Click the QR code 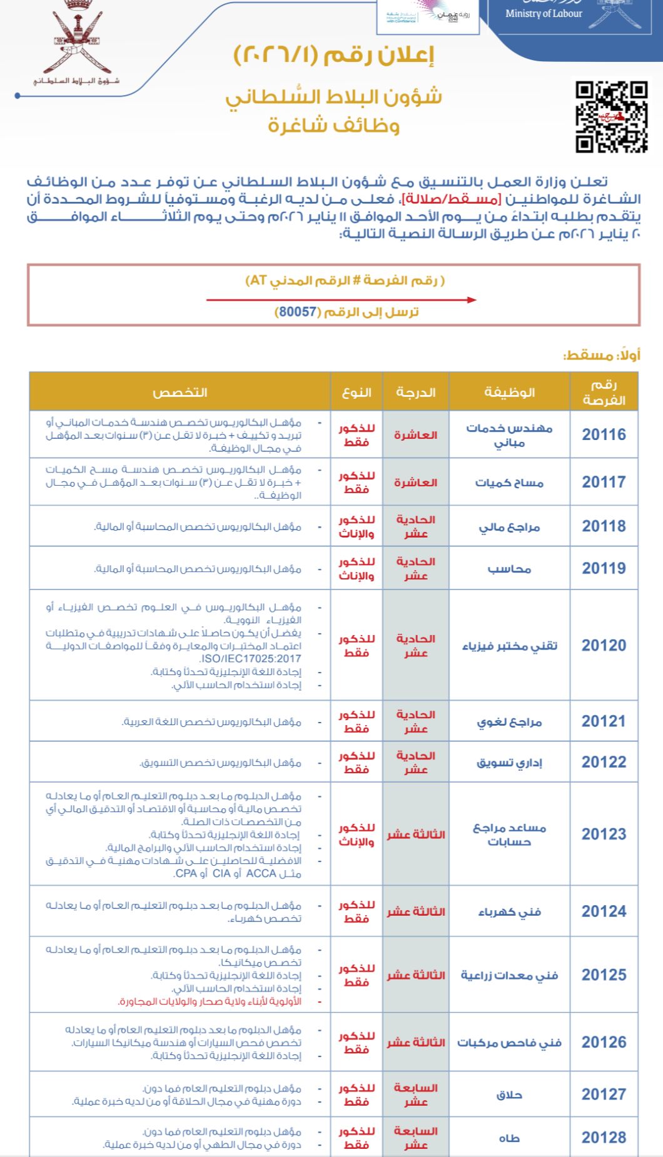coord(611,117)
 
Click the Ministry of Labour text coord(544,14)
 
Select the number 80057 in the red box coord(298,311)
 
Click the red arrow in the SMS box coord(341,300)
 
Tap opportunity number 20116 coord(604,435)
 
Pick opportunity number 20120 coord(604,646)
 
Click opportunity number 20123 coord(604,834)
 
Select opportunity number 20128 coord(604,1138)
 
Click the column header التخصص coord(180,393)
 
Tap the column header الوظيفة coord(509,393)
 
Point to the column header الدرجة coord(415,393)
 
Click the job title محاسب coord(509,569)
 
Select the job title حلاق coord(509,1094)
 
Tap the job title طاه coord(509,1138)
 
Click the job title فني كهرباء coord(509,912)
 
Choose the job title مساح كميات coord(509,483)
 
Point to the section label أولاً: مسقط coord(602,355)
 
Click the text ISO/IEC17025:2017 coord(250,659)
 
